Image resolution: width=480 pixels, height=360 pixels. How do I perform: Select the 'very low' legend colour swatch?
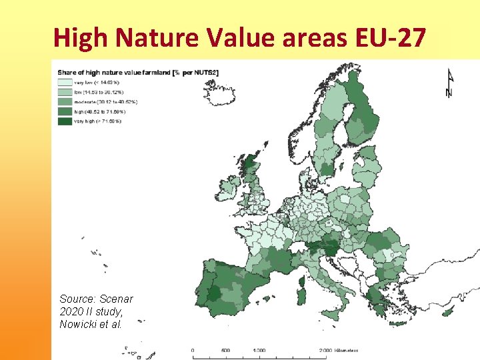coord(65,82)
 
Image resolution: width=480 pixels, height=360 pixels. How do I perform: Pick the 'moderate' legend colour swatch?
coord(65,102)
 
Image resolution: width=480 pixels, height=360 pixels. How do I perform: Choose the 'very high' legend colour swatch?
coord(65,121)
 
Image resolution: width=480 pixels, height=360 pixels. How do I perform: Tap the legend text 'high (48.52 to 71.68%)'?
coord(98,112)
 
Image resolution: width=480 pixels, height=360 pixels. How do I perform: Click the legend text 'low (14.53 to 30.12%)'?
coord(98,92)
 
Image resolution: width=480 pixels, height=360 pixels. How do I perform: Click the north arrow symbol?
coord(448,83)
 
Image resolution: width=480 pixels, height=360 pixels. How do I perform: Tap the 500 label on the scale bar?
coord(225,350)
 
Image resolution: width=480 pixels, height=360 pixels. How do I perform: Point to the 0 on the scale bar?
coord(193,350)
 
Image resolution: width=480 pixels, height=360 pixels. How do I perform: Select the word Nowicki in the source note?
coord(80,324)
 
